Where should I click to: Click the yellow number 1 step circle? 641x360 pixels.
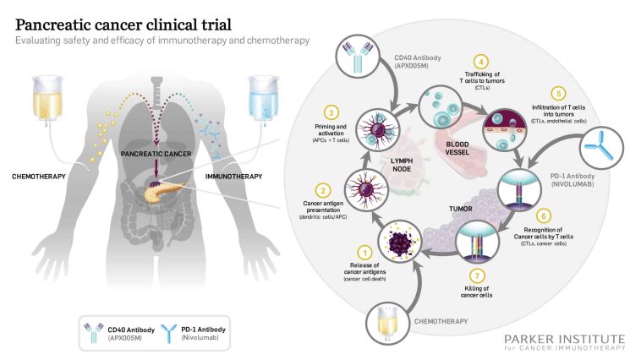(x=364, y=250)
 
